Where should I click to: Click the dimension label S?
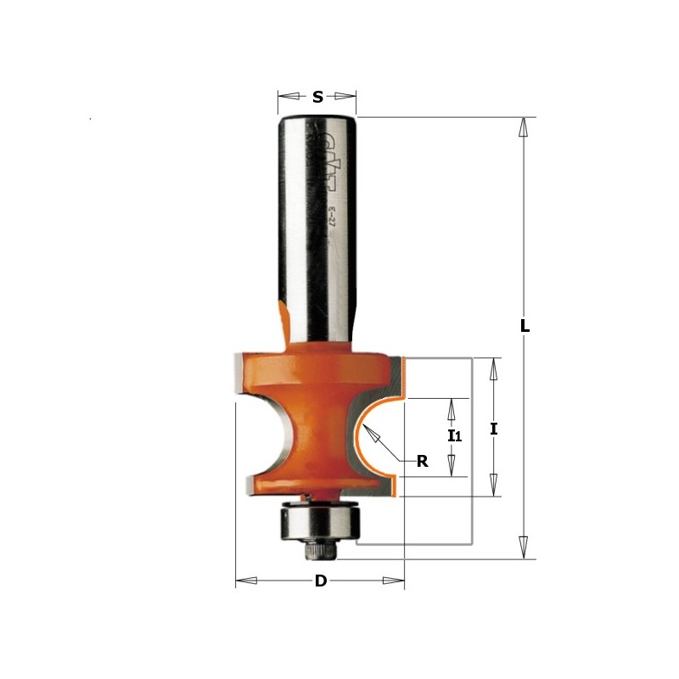pos(317,97)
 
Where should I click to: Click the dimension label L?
pos(525,326)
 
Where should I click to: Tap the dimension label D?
pos(320,581)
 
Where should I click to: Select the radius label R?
pos(422,463)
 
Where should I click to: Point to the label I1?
pos(454,437)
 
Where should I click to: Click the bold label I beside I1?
pos(493,429)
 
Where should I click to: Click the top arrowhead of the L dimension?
pos(524,128)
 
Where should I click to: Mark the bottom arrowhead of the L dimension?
pos(524,547)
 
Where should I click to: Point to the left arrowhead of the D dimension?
pos(246,581)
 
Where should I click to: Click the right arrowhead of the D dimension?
pos(394,581)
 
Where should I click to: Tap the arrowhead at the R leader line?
pos(369,434)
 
